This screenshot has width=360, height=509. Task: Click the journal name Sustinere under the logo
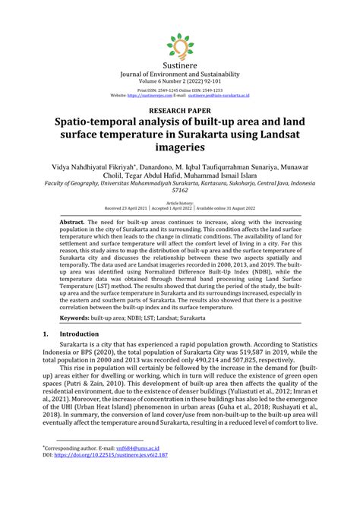tap(180, 67)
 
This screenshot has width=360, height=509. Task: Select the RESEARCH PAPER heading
tap(180, 109)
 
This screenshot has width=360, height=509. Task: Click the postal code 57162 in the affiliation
tap(180, 192)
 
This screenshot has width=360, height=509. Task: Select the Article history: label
tap(180, 203)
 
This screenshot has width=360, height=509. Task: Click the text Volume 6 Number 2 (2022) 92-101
tap(180, 82)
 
